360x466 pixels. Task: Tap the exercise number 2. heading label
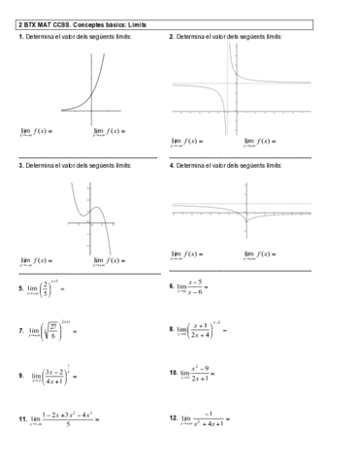(x=171, y=36)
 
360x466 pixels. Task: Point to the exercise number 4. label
(x=171, y=166)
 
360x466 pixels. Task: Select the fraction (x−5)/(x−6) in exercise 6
(x=195, y=286)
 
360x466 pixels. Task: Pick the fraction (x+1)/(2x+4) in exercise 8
(x=202, y=331)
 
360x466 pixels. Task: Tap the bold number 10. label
(x=173, y=372)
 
